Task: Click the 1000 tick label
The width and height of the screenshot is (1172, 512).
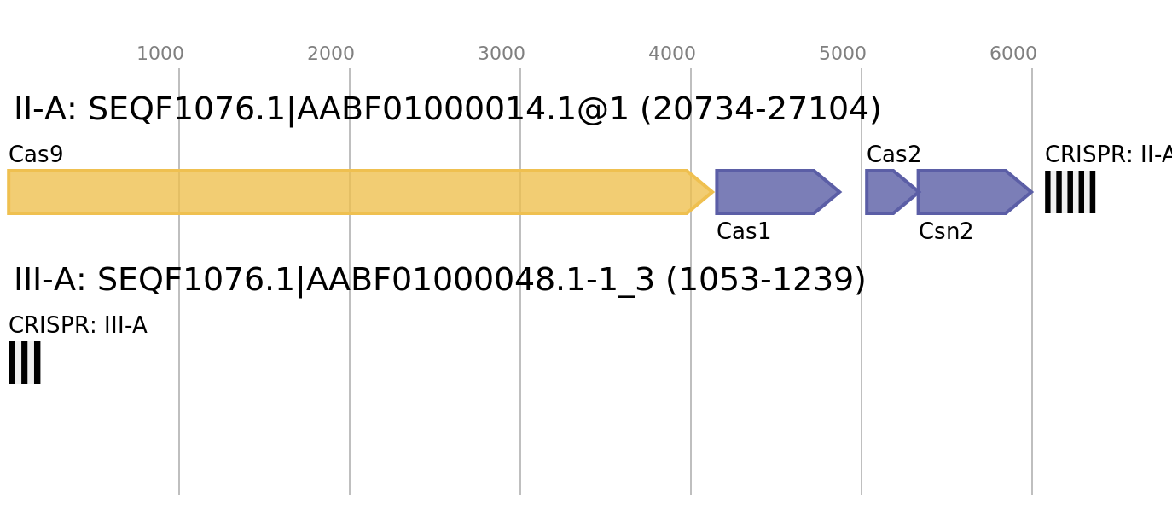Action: coord(160,54)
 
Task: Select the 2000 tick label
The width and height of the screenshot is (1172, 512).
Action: coord(331,54)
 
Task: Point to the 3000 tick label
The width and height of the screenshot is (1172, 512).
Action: coord(502,54)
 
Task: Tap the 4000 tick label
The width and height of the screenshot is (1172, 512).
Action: coord(672,54)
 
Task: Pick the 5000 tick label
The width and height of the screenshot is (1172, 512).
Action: coord(843,54)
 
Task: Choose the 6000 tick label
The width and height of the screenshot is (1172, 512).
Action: coord(1013,54)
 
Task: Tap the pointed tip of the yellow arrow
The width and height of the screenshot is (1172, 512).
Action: coord(712,192)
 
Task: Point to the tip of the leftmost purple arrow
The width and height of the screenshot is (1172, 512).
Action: coord(840,192)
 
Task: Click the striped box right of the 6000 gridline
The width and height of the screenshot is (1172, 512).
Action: coord(1070,192)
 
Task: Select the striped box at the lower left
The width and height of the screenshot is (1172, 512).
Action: coord(25,363)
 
